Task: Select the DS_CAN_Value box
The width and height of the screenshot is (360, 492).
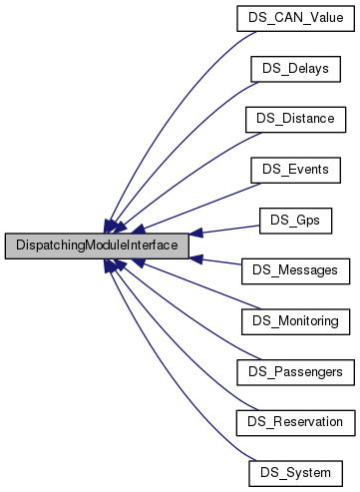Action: click(295, 17)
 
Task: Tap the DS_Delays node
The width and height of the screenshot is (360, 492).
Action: click(295, 68)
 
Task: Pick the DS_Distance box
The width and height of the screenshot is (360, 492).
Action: click(295, 118)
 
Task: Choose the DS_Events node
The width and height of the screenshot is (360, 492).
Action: click(295, 169)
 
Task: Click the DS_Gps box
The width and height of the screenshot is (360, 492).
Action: click(295, 219)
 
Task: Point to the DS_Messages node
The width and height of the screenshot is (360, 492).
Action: click(295, 269)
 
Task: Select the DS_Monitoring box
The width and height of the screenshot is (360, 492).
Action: click(295, 320)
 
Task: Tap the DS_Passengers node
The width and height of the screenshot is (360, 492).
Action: click(295, 370)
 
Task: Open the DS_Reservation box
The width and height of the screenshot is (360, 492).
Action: click(295, 421)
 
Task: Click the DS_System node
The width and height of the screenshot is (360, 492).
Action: click(295, 471)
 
